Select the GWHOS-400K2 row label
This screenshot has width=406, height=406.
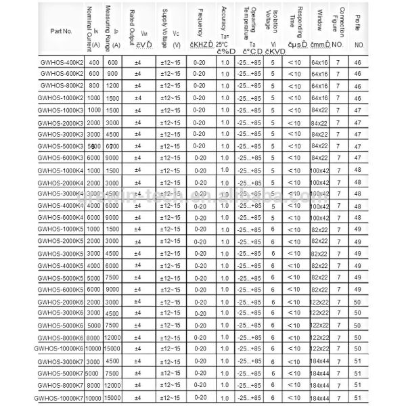(61, 62)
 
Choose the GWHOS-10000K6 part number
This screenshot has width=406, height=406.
(58, 348)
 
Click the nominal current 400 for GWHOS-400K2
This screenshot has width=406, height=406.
(93, 62)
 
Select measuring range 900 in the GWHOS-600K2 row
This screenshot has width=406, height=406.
(112, 74)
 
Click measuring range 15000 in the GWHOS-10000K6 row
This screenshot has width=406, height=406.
(112, 348)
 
